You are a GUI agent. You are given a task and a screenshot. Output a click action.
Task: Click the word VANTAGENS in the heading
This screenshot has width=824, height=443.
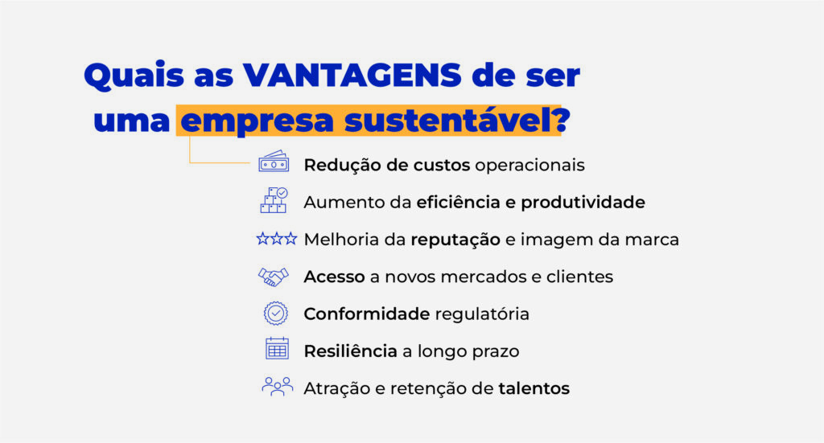pos(352,75)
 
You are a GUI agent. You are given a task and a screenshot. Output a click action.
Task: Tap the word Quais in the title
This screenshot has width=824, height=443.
pos(134,76)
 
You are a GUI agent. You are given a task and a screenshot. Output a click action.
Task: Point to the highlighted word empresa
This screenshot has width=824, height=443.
pos(257,121)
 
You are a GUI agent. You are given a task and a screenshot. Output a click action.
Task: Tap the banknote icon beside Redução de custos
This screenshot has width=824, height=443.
pos(274,162)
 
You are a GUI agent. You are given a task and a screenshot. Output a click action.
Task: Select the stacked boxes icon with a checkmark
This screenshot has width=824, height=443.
pos(274,200)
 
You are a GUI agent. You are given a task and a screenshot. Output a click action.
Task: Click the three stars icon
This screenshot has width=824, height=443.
pos(277,240)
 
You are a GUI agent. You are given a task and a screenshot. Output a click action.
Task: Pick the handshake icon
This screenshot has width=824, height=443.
pos(274,277)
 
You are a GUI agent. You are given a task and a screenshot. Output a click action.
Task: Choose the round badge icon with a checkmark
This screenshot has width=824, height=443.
pos(275,314)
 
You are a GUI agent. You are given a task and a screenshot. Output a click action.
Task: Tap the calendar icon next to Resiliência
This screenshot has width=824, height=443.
pos(277,348)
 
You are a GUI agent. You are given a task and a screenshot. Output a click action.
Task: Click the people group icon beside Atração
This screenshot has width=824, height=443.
pos(277,386)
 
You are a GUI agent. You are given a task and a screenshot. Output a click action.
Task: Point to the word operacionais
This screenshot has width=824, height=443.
pos(529,166)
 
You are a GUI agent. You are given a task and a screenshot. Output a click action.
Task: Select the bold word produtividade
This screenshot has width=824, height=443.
pos(583,203)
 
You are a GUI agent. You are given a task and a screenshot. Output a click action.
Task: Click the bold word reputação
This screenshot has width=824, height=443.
pos(455,240)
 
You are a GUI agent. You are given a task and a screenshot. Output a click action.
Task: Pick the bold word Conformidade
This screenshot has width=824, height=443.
pos(367,314)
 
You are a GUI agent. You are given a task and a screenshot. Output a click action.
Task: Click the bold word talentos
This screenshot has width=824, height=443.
pos(534,388)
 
